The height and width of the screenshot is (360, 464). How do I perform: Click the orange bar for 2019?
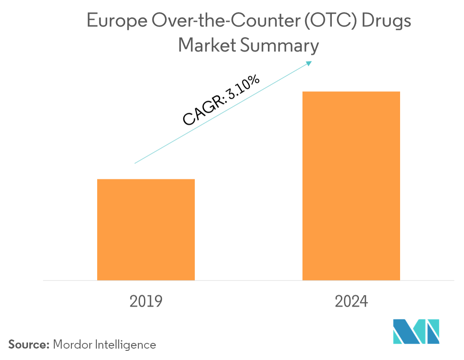coord(146,229)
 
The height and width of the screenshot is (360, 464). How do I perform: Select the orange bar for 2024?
coord(351,185)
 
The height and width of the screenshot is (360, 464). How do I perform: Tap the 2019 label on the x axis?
coord(146,301)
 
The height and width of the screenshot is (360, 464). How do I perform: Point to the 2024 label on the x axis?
coord(352,301)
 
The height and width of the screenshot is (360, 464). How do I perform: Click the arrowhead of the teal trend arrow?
coord(309,63)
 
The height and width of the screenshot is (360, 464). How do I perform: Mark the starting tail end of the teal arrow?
coord(135,163)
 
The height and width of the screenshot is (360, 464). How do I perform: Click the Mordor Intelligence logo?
coord(416,331)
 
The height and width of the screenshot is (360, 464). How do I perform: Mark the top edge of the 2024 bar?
coord(351,92)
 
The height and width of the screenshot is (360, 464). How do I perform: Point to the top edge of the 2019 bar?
coord(146,179)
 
